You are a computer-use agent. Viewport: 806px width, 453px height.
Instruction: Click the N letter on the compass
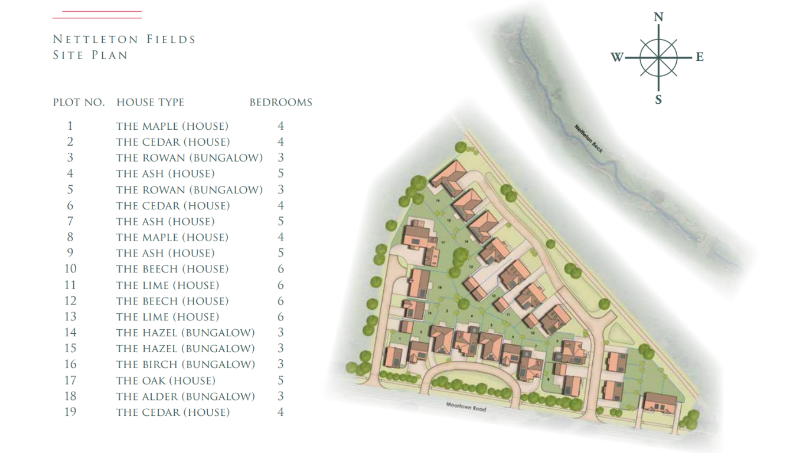658,17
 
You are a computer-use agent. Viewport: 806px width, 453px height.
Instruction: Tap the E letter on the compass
700,57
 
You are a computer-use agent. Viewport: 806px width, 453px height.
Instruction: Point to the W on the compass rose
617,57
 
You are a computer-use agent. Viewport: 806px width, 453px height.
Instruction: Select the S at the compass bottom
658,100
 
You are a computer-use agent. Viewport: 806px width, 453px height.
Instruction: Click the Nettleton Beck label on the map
588,140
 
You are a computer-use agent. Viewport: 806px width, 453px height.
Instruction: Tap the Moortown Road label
466,407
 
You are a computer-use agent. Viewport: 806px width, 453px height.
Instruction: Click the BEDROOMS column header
280,102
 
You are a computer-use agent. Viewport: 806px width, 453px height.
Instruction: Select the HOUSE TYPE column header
150,102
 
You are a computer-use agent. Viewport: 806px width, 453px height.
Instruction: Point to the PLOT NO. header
79,102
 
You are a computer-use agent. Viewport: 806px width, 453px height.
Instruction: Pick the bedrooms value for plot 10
281,269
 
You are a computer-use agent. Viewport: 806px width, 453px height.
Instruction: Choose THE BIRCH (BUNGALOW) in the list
185,365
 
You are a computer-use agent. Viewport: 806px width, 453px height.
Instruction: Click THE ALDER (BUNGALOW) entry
185,396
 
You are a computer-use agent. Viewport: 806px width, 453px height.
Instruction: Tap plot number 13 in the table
70,317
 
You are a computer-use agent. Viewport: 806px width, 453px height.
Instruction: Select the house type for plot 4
165,173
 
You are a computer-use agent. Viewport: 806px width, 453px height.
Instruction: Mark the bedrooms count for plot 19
281,412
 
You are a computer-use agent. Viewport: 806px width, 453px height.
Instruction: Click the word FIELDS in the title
171,40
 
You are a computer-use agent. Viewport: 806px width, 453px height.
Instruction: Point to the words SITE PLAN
90,55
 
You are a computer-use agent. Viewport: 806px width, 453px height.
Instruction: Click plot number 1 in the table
70,126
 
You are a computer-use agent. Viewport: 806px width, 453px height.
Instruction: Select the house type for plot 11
167,285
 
